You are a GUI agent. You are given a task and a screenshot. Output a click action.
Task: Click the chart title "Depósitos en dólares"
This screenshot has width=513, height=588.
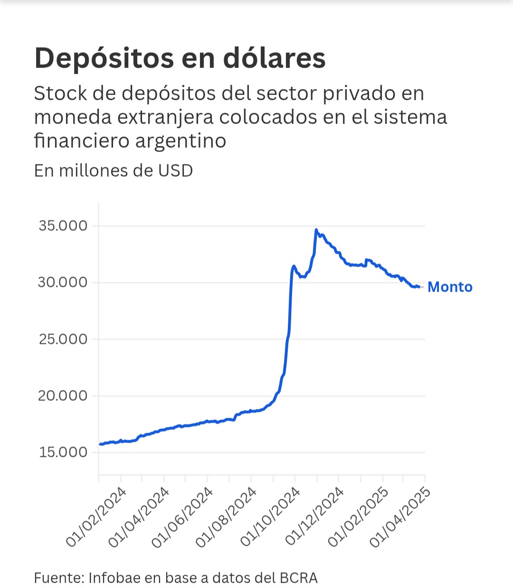[180, 58]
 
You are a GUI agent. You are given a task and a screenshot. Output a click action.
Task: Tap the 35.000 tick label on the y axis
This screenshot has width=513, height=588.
[63, 226]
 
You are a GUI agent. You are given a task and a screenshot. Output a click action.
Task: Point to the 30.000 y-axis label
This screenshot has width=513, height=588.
[63, 283]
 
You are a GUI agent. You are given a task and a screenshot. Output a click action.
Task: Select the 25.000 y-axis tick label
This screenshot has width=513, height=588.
[63, 339]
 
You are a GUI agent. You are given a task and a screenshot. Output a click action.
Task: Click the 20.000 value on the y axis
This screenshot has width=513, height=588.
[63, 396]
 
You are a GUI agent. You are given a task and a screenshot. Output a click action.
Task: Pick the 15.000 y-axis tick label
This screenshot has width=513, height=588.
[63, 452]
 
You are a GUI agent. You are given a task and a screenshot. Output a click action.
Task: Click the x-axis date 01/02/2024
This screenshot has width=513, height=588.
[96, 517]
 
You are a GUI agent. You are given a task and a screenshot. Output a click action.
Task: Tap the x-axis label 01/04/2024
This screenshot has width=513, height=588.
[139, 517]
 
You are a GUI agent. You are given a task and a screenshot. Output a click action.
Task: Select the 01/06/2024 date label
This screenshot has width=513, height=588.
[183, 517]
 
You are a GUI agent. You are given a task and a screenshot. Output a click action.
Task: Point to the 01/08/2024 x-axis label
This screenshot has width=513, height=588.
[227, 517]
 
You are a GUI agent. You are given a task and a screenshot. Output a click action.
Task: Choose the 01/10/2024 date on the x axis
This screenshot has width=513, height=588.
[271, 517]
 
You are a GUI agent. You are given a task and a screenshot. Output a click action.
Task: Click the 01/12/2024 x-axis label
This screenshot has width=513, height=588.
[314, 517]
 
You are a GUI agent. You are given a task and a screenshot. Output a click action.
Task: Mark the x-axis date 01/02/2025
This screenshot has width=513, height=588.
[358, 517]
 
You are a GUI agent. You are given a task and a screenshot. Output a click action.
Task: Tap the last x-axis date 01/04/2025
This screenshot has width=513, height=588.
[400, 517]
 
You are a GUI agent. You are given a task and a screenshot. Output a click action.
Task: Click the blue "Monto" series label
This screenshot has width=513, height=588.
[450, 287]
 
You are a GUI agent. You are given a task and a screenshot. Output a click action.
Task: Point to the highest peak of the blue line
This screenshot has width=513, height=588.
[316, 230]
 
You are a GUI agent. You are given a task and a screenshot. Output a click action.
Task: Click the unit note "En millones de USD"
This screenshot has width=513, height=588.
[114, 171]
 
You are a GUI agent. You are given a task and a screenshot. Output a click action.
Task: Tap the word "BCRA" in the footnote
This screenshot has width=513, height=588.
[298, 578]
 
